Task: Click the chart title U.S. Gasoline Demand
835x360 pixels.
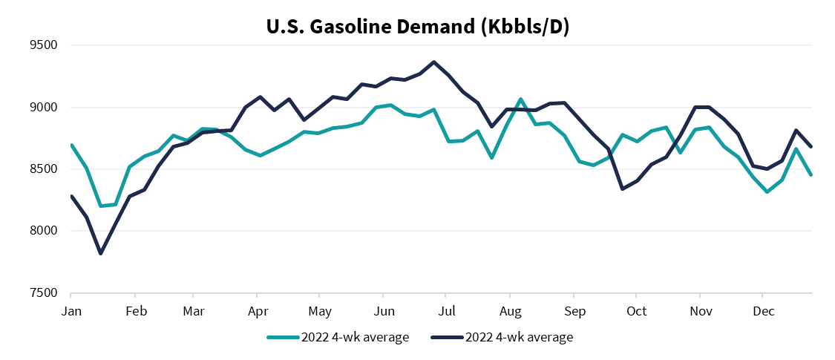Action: pyautogui.click(x=417, y=27)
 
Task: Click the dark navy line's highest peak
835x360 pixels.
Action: pyautogui.click(x=434, y=62)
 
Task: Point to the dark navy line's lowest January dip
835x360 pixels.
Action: pyautogui.click(x=101, y=254)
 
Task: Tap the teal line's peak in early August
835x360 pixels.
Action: pyautogui.click(x=520, y=99)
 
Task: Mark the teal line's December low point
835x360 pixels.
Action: pyautogui.click(x=766, y=192)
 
